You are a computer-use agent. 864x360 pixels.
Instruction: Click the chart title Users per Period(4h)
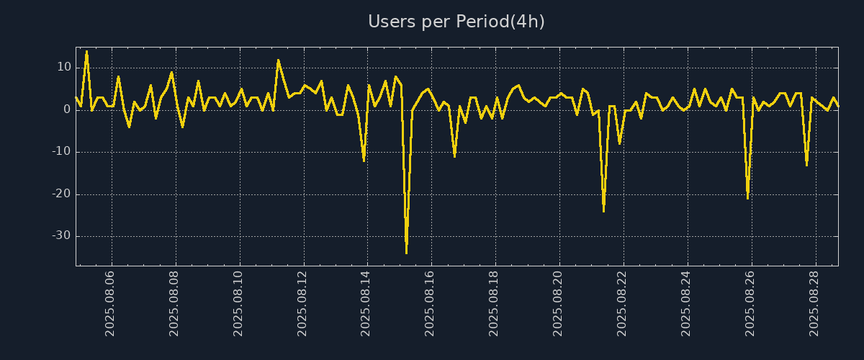point(456,22)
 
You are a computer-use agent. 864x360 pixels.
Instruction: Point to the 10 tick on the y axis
point(64,68)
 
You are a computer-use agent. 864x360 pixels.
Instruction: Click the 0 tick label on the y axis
point(67,109)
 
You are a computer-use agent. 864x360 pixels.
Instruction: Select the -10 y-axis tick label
point(61,152)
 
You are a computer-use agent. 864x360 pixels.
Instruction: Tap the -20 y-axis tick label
point(61,194)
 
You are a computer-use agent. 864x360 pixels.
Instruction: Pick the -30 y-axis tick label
point(61,236)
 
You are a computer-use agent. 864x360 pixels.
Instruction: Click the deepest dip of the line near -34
point(406,253)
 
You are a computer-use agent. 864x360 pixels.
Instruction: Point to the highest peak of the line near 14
point(86,52)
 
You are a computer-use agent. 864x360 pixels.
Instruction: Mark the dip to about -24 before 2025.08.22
point(603,211)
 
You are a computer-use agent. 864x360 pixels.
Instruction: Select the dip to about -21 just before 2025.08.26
point(747,198)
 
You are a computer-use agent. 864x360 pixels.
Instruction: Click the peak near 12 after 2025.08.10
point(278,60)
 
